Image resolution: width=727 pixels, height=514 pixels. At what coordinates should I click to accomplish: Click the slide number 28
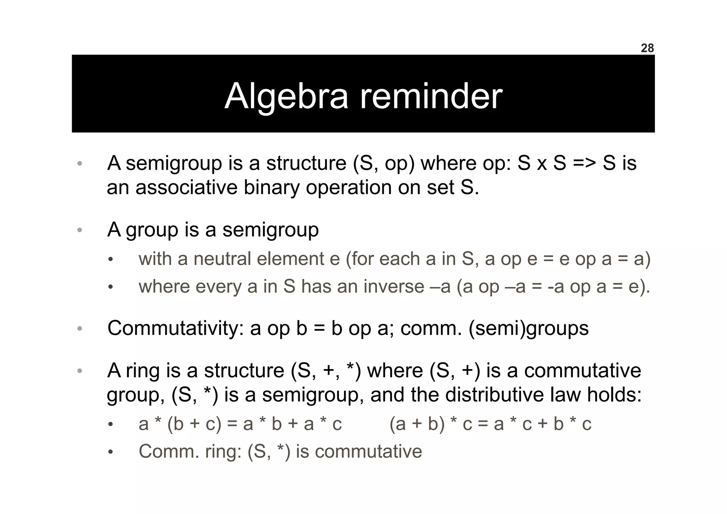coord(647,48)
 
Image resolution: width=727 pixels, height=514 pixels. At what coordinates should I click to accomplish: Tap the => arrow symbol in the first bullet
coord(584,163)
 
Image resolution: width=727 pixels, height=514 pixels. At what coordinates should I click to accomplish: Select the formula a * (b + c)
coord(180,424)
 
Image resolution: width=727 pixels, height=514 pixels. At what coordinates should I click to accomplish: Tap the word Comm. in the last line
coord(169,451)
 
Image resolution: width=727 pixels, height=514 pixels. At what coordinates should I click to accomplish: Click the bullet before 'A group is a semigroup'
coord(80,230)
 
